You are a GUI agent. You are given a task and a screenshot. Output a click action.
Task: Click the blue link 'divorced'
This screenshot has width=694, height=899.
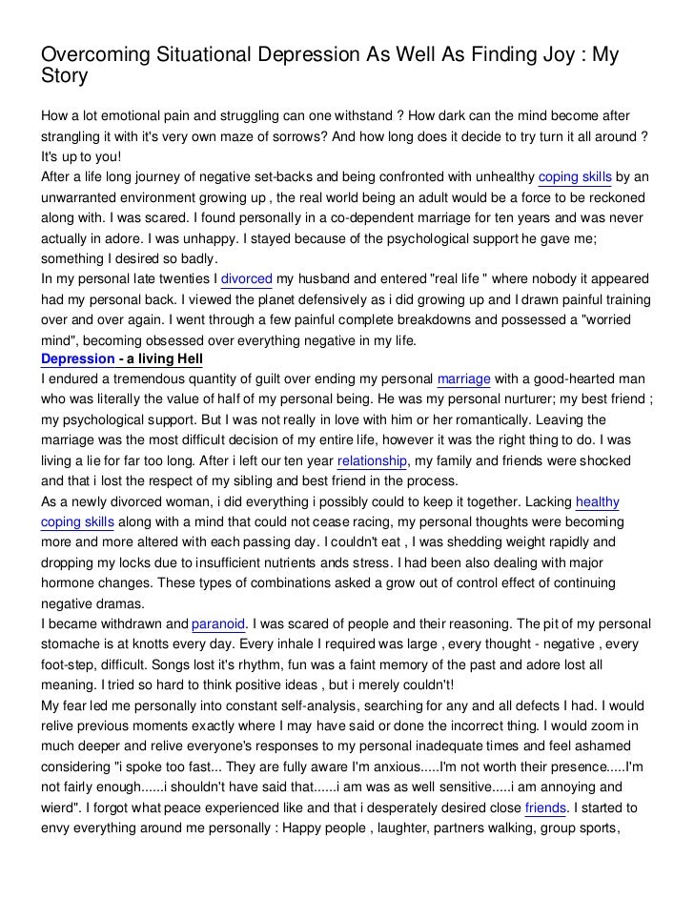(247, 279)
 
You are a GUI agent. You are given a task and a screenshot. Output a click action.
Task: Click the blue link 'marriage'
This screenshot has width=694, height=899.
(464, 379)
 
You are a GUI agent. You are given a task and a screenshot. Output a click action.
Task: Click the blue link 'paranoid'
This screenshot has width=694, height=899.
(219, 624)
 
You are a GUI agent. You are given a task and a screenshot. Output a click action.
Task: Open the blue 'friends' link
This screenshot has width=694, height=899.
(546, 808)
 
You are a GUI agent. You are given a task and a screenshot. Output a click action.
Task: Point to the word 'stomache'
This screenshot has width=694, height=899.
(71, 645)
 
